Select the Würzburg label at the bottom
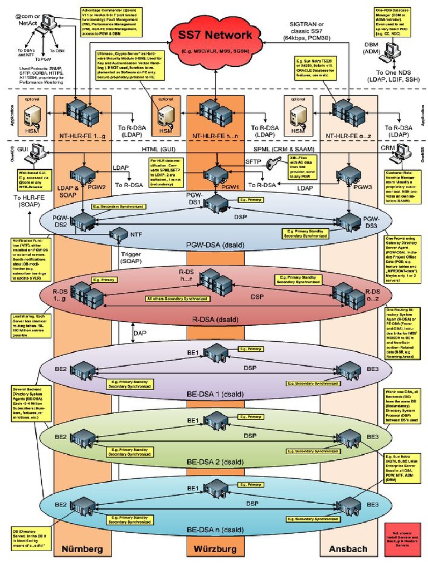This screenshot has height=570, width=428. point(215,549)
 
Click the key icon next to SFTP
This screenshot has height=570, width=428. point(273,165)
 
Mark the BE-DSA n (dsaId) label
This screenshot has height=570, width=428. point(215,529)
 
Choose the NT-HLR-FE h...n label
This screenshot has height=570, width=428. point(215,135)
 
